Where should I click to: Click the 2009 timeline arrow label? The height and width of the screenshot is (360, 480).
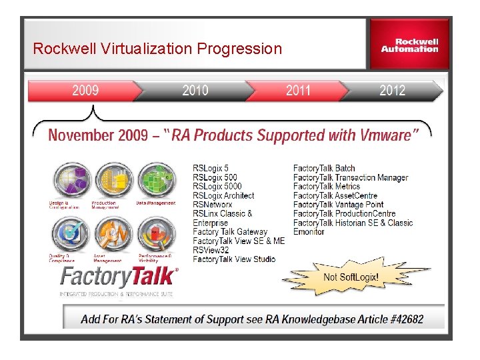pos(85,91)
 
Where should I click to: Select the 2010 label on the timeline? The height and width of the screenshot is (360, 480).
pos(195,91)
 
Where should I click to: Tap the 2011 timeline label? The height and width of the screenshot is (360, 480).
pos(298,91)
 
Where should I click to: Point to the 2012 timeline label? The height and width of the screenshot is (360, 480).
pos(392,91)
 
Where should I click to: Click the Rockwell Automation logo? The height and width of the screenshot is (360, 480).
pos(409,45)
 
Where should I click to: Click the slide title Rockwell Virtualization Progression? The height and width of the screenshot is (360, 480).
pos(157,49)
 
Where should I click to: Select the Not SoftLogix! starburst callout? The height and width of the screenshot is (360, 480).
pos(351,277)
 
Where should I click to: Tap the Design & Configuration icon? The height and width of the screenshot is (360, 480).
pos(70,181)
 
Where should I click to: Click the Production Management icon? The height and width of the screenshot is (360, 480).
pos(113,181)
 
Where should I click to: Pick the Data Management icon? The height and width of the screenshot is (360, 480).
pos(157,181)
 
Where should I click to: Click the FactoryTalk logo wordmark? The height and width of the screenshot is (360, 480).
pos(119,276)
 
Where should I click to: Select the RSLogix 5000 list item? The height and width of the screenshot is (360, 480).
pos(217,187)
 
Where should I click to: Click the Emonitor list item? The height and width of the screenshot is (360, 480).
pos(309,232)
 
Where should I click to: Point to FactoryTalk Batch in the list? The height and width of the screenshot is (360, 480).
pos(324,169)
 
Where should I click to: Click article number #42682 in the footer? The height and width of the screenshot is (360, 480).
pos(403,319)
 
